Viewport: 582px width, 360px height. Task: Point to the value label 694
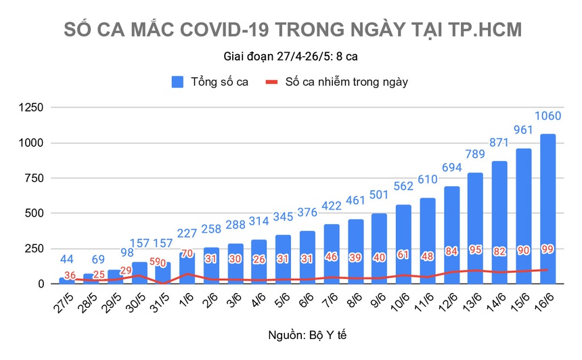(451, 168)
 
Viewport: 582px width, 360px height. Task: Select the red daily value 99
(547, 249)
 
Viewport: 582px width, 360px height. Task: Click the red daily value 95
(475, 250)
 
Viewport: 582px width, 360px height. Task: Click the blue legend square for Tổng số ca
(178, 82)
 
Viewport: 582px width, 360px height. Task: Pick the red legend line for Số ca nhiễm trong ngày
(271, 82)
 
